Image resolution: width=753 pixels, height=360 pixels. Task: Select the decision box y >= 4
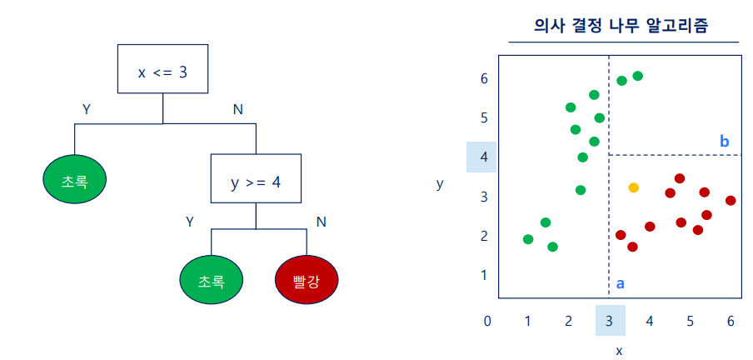click(256, 179)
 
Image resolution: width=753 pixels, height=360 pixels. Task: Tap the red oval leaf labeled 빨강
click(307, 281)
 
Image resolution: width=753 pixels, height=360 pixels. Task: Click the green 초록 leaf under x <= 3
click(75, 179)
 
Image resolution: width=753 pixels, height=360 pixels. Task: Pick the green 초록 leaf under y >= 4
click(211, 281)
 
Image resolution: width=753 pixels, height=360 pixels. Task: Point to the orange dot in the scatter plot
click(633, 188)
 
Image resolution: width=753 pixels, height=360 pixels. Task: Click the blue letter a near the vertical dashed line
click(620, 283)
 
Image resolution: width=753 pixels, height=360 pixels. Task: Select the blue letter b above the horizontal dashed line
click(724, 142)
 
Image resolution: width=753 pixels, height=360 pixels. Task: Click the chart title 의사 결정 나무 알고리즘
click(624, 25)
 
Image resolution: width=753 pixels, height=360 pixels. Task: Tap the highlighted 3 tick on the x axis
click(610, 321)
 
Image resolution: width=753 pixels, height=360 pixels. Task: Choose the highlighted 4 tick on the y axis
click(481, 157)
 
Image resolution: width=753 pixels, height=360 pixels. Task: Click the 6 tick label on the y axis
click(483, 79)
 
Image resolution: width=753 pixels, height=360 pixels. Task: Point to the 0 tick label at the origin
click(487, 321)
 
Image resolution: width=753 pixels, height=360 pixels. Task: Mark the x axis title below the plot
click(619, 350)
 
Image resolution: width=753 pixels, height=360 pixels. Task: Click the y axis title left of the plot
click(440, 184)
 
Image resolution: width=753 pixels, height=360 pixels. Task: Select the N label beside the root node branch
click(237, 109)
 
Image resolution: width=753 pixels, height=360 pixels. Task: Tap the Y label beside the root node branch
click(86, 109)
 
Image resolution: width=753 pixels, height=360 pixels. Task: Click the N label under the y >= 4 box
click(321, 222)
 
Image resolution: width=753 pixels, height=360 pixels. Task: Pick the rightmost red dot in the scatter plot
click(731, 201)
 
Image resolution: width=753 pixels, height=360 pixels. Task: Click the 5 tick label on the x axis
click(691, 321)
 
